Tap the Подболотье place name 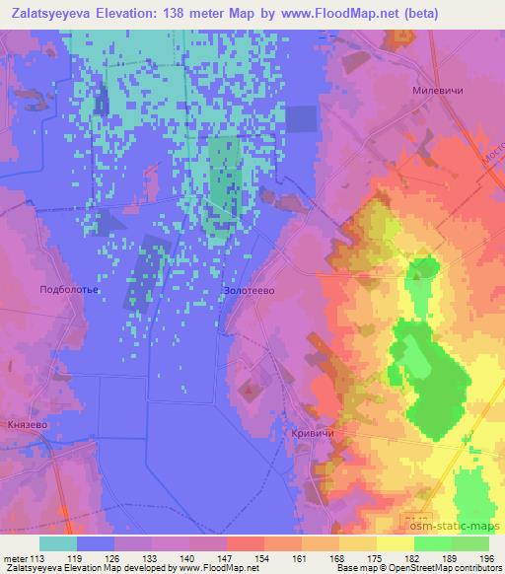click(67, 290)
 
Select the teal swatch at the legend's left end click(58, 543)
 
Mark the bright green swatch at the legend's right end click(469, 543)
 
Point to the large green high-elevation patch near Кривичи click(430, 380)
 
